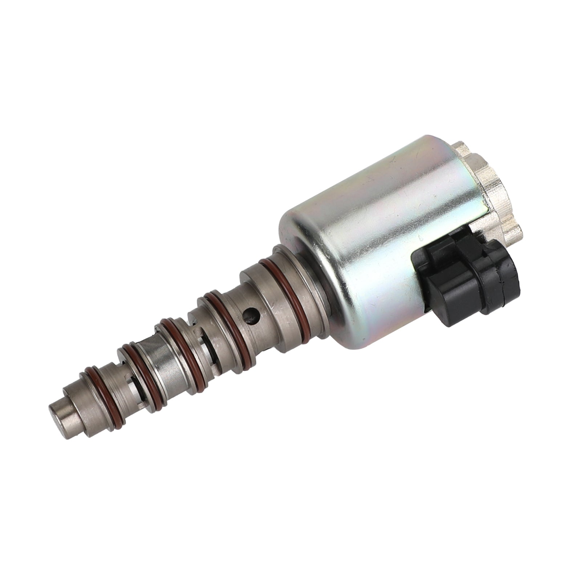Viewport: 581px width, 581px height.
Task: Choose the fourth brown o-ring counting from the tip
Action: (218, 305)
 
